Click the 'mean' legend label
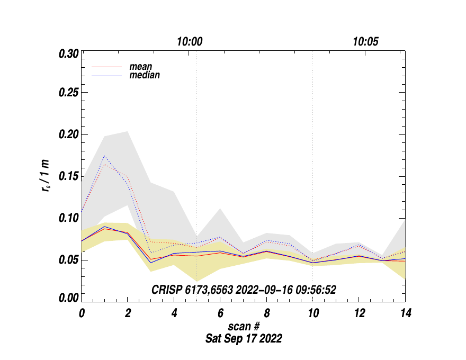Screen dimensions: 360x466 click(141, 67)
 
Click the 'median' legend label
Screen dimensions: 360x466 click(145, 75)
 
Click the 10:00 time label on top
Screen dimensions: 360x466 click(190, 42)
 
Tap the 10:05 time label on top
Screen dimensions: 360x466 click(365, 42)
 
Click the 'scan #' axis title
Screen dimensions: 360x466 click(244, 326)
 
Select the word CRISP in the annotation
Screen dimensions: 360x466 click(165, 290)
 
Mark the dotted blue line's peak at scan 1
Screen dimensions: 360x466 click(105, 156)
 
